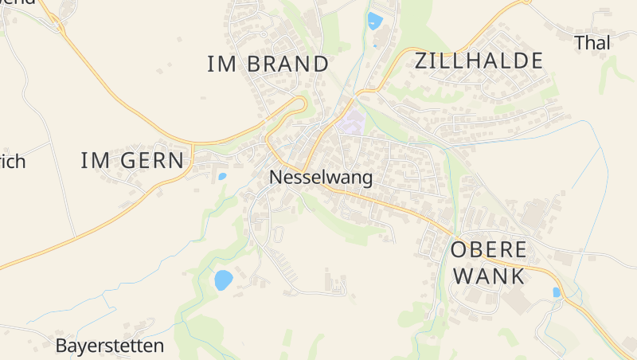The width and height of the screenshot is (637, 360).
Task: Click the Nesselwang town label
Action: pos(321,178)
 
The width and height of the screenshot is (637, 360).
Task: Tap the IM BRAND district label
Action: pos(268,65)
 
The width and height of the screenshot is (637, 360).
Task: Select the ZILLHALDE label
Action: pos(479,61)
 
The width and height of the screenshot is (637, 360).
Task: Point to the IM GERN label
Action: pos(132,161)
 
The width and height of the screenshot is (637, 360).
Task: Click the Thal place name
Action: pos(592,43)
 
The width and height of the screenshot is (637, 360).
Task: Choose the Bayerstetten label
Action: pos(110,346)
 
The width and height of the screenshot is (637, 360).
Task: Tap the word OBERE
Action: pos(488,249)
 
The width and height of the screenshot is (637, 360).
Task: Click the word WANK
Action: pos(487,276)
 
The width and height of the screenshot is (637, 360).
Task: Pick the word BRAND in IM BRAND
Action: pos(287,65)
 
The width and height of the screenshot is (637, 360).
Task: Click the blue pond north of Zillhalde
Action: pos(374,21)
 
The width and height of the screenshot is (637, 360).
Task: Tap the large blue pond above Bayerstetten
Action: pos(223,280)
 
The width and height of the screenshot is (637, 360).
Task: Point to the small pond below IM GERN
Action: pos(222,176)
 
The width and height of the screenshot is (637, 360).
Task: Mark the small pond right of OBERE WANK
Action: pos(557,292)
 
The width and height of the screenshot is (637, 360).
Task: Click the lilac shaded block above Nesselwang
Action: pos(352,123)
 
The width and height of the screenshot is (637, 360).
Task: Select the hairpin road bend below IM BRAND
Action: pos(301,104)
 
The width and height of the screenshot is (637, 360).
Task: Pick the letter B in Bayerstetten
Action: pos(61,346)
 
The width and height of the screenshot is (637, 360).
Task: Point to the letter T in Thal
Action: pos(580,43)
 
